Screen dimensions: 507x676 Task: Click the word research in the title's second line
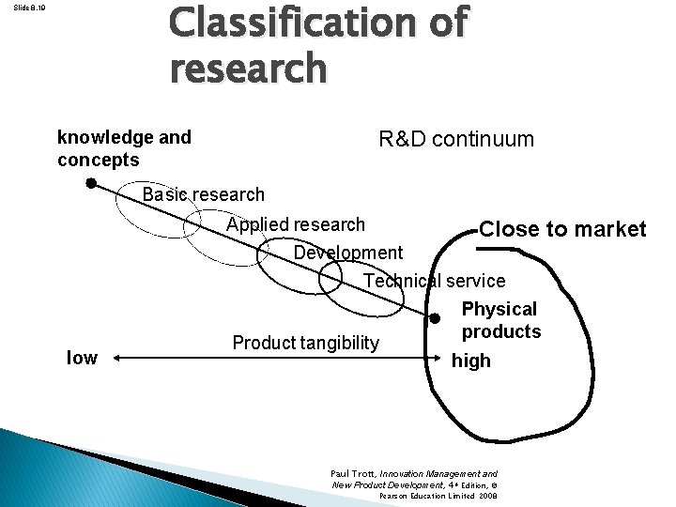click(x=249, y=69)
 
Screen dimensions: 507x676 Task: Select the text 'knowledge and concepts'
click(x=124, y=148)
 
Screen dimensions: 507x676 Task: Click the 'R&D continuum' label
click(x=455, y=140)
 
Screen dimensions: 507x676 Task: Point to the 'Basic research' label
click(x=203, y=195)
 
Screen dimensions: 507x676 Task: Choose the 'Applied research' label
click(x=295, y=224)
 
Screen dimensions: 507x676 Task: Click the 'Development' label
click(x=347, y=253)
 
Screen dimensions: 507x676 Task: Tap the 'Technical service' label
click(x=434, y=281)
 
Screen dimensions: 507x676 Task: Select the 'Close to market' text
click(x=561, y=229)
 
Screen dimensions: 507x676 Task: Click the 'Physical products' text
click(x=500, y=320)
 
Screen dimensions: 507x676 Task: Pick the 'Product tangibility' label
click(x=305, y=344)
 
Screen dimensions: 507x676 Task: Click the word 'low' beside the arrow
click(x=82, y=358)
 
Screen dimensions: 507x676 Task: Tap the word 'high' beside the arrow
click(x=470, y=361)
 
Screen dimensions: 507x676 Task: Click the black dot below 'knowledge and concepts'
click(x=91, y=184)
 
